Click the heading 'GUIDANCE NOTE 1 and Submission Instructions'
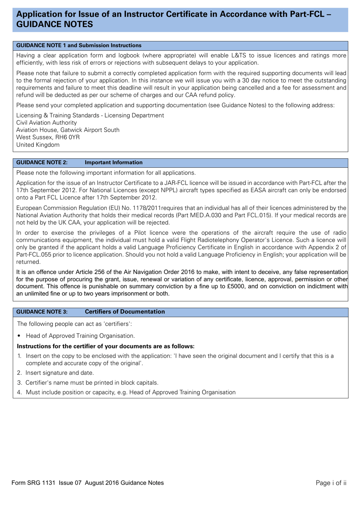[x=79, y=45]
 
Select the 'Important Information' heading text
[x=114, y=162]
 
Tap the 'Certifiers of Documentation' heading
[x=125, y=312]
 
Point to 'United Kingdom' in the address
[x=38, y=145]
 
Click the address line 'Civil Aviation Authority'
[x=46, y=123]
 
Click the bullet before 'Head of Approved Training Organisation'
[x=19, y=336]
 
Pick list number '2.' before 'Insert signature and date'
[x=19, y=373]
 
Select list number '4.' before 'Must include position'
[x=19, y=392]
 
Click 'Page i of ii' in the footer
[x=331, y=483]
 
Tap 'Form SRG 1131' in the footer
[x=33, y=483]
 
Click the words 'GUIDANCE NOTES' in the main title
[x=55, y=24]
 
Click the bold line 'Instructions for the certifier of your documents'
[x=106, y=346]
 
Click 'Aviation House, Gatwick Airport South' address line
[x=68, y=130]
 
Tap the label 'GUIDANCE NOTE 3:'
[x=42, y=312]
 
